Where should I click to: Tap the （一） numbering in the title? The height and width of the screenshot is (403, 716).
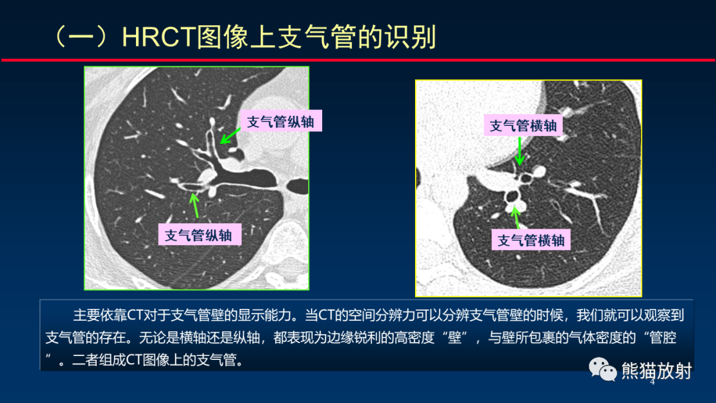pos(85,37)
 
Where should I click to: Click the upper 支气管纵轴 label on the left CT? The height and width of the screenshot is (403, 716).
pos(280,122)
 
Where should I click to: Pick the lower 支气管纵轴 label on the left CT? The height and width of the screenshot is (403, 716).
pos(199,235)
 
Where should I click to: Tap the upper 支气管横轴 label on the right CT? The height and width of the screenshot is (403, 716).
pos(523,125)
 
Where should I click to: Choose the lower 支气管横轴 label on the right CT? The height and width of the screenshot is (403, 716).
pos(531,240)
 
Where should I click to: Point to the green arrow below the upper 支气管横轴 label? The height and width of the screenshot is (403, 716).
pos(520,152)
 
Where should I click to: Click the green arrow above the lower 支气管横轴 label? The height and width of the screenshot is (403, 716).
pos(515,217)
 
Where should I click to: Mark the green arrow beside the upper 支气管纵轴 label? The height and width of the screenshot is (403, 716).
pos(231,135)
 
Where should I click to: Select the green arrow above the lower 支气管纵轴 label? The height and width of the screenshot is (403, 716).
pos(195,204)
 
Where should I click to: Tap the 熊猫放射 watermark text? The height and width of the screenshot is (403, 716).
pos(656,371)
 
